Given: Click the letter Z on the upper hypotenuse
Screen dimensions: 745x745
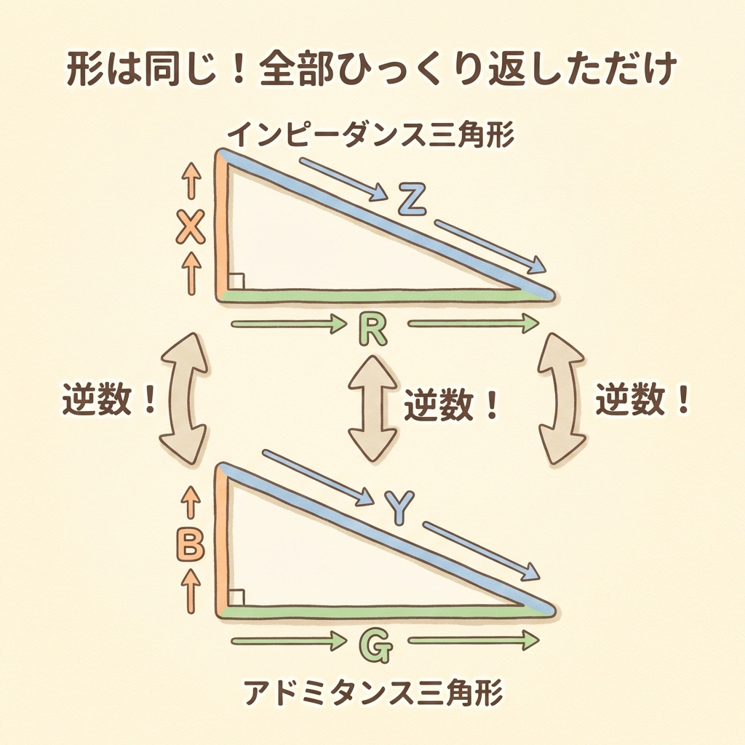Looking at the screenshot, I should (x=412, y=199).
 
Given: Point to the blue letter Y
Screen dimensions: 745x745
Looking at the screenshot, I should (x=399, y=508).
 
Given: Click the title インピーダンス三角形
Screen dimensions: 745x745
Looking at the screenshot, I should (x=371, y=135).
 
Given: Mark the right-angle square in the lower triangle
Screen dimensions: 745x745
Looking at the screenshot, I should (x=236, y=597).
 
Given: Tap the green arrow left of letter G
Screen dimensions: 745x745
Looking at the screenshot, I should (x=289, y=641).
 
